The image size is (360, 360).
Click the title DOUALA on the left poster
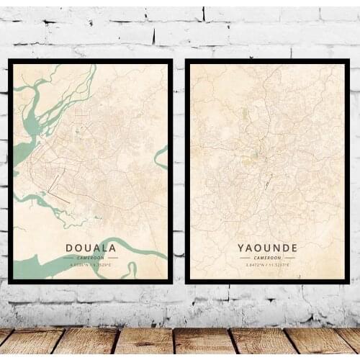tap(91, 248)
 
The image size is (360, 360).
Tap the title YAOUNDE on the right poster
tap(267, 248)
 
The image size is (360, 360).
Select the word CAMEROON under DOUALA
tap(91, 257)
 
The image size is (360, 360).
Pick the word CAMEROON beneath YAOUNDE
tap(267, 257)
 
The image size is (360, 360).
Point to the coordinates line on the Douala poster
tap(91, 264)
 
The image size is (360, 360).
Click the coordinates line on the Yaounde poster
tap(267, 264)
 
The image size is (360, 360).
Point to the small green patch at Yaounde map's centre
tap(252, 153)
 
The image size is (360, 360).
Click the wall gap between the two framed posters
tap(179, 173)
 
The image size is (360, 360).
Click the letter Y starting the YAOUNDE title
tap(241, 248)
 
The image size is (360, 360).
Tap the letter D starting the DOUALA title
tap(69, 248)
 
